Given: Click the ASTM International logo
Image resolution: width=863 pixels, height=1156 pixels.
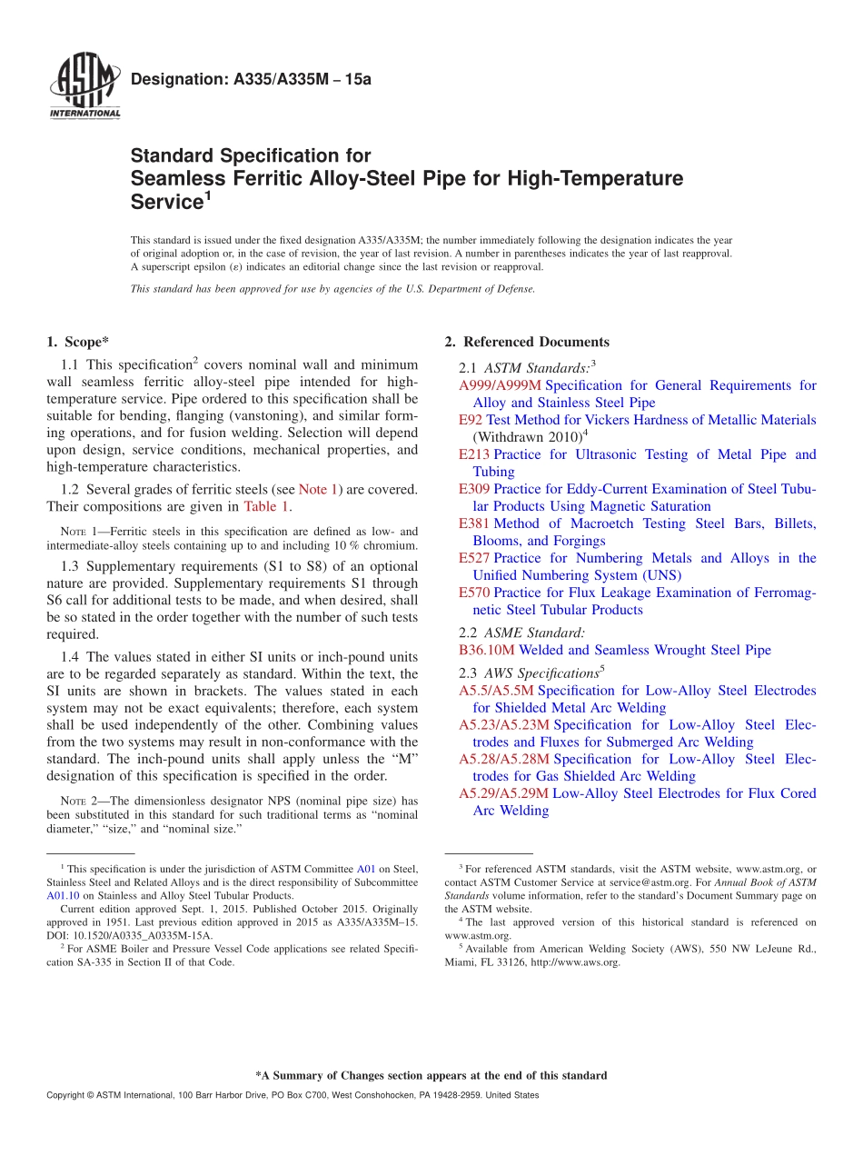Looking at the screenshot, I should click(x=84, y=87).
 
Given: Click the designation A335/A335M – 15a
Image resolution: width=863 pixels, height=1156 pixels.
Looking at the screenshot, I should click(x=251, y=80).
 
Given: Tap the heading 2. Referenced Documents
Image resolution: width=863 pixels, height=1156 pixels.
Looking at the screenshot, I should click(x=527, y=342).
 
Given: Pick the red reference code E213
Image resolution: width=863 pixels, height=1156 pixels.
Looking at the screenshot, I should click(x=474, y=454).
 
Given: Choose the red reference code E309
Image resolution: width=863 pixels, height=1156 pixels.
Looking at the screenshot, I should click(x=474, y=489).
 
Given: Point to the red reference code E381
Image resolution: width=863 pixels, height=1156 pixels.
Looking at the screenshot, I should click(x=474, y=523).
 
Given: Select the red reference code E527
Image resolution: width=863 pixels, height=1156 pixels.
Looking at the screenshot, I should click(x=474, y=558).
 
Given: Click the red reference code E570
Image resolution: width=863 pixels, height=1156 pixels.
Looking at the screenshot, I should click(x=474, y=593).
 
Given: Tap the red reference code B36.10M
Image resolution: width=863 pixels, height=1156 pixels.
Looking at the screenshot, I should click(x=487, y=650).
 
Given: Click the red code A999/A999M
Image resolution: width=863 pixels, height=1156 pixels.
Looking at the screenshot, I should click(x=500, y=385).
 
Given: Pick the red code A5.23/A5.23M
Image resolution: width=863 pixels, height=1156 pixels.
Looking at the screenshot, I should click(x=504, y=725).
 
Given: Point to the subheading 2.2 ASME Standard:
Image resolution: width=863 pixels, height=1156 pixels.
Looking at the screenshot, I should click(x=522, y=633).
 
